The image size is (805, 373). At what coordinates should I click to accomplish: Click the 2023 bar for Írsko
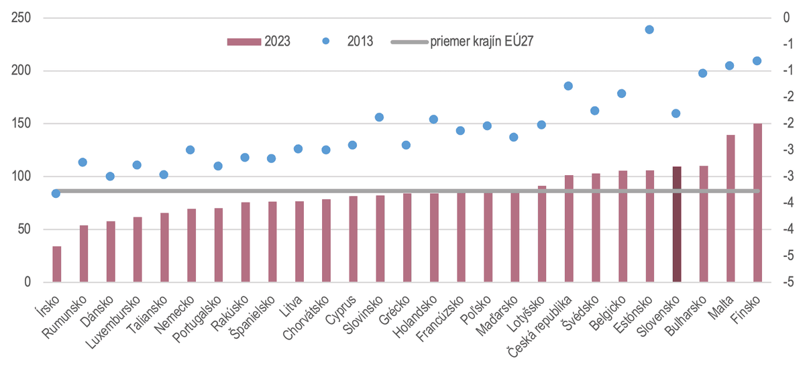[57, 264]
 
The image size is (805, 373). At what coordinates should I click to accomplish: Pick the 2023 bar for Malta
[731, 208]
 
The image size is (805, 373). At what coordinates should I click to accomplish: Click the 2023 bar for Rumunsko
[84, 254]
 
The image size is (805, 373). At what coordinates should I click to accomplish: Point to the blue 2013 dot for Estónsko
[649, 30]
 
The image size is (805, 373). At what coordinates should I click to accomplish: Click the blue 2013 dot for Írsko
[56, 193]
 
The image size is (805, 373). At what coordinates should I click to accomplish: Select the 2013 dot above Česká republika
[568, 86]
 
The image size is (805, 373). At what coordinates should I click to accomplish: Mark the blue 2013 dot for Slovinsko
[380, 117]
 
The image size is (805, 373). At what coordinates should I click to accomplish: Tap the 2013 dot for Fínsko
[757, 60]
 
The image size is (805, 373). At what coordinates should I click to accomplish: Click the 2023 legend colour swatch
[244, 42]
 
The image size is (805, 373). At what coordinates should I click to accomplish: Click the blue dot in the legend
[326, 42]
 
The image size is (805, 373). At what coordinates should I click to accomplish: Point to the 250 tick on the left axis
[21, 18]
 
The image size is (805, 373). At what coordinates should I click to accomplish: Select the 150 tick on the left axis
[21, 124]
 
